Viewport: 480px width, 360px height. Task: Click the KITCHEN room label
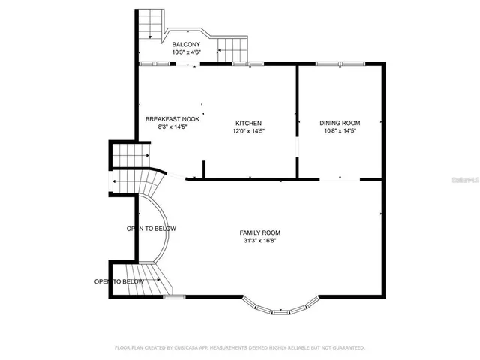click(248, 123)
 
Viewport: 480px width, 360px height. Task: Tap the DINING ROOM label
click(340, 123)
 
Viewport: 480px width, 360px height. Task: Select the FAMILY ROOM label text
click(260, 232)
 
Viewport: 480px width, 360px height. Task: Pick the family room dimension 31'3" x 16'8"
click(260, 241)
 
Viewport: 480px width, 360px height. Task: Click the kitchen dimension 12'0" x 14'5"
click(248, 131)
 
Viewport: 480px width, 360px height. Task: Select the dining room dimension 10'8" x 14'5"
click(340, 131)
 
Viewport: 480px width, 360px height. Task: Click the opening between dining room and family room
click(340, 178)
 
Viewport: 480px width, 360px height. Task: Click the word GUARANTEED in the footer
click(347, 348)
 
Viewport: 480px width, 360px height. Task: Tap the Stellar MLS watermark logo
click(466, 180)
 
